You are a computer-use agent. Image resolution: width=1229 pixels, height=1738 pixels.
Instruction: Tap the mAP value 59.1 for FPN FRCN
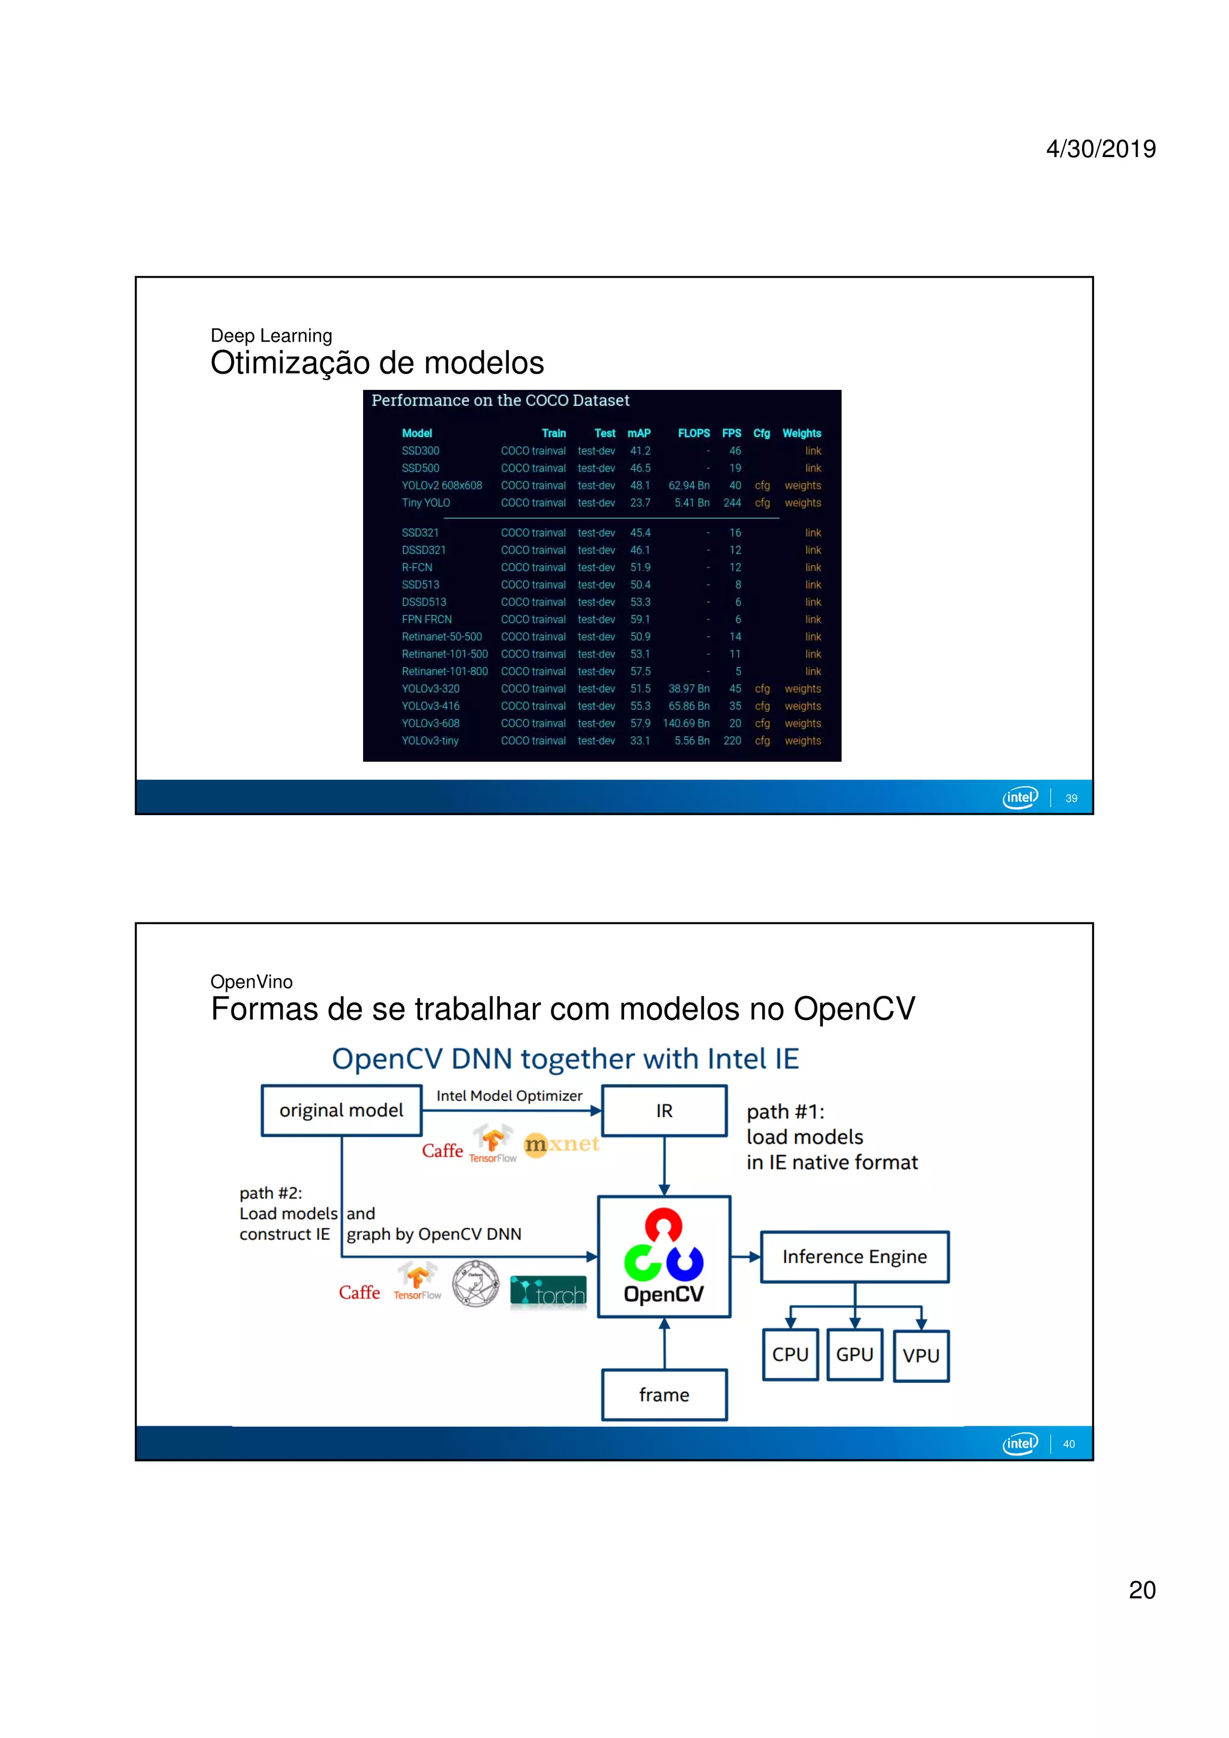coord(640,619)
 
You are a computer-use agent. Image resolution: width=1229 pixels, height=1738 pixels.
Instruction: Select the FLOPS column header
coord(694,433)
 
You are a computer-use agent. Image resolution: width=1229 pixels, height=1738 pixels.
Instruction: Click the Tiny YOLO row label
coord(425,503)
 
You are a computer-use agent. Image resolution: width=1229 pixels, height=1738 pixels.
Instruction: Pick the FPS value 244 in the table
coord(732,503)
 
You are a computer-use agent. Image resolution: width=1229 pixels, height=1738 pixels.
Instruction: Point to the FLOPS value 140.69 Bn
coord(686,723)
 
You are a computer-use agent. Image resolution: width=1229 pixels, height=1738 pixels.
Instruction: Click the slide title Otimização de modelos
coord(377,363)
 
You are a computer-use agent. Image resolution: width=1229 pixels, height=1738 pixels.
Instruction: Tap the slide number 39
coord(1071,798)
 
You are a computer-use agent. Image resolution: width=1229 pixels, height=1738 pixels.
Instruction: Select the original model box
coord(341,1111)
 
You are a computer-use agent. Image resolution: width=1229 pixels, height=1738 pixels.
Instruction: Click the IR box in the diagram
coord(664,1111)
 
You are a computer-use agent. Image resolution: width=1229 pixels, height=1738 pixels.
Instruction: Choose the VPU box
coord(921,1356)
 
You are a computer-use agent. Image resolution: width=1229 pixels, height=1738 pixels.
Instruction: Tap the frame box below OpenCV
coord(664,1394)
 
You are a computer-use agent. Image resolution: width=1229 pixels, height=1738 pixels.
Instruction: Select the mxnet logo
coord(561,1144)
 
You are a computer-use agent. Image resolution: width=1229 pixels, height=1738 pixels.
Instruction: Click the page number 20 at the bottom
coord(1142,1590)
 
